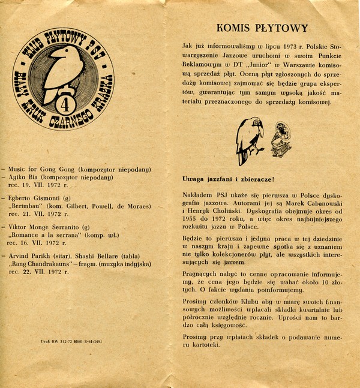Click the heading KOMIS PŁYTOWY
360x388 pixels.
click(262, 28)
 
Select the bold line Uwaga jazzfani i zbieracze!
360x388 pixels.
click(227, 179)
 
